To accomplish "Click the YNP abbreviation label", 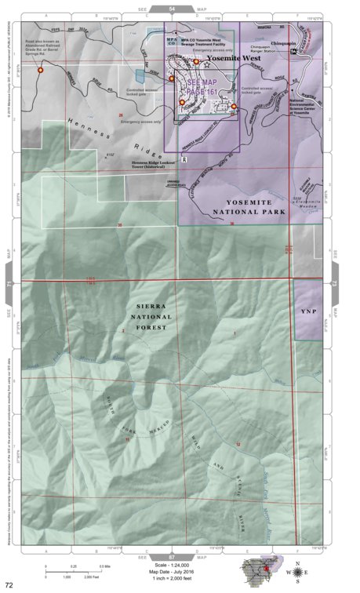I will click(x=307, y=311).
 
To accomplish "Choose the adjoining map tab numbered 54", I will click(x=171, y=8).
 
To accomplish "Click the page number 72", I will click(x=9, y=585).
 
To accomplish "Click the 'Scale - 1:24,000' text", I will click(x=172, y=564).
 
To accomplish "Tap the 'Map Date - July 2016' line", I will click(x=172, y=570).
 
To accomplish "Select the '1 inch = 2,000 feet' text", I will click(x=172, y=577).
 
